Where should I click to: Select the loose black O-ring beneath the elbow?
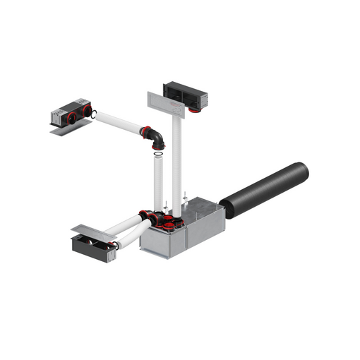point(160,155)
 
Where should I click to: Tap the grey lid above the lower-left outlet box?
point(92,232)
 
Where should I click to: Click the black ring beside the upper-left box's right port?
point(94,113)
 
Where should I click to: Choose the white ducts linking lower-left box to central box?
point(131,229)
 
